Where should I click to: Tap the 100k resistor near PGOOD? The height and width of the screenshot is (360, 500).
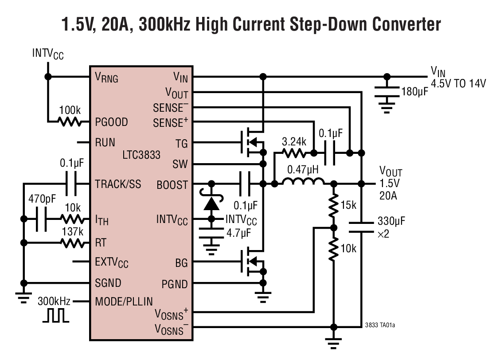70,121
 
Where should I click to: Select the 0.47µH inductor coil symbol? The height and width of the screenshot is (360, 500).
304,183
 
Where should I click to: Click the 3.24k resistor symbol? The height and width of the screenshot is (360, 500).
293,153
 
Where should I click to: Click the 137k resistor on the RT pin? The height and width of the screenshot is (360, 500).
72,243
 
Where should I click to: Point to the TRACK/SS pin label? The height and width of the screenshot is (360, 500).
118,184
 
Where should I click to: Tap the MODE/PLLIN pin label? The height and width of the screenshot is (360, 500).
124,301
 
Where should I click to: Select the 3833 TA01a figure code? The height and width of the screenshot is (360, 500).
380,325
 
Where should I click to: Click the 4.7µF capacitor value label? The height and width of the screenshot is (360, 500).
240,232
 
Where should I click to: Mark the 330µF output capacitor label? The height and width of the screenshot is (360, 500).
391,221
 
